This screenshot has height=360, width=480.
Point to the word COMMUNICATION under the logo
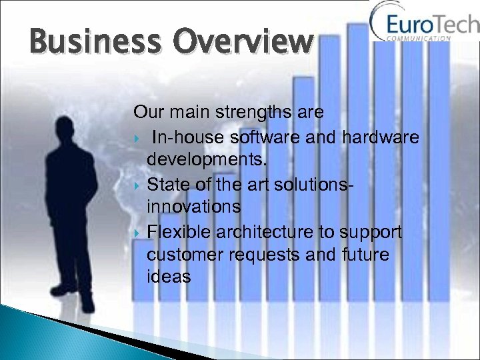[419, 39]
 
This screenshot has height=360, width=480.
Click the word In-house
[188, 137]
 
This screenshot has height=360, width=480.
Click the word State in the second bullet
[168, 183]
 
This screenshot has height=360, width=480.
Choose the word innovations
[193, 207]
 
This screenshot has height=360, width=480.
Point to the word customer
[183, 255]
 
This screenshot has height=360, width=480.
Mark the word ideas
[168, 277]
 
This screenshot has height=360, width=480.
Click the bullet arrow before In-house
[138, 138]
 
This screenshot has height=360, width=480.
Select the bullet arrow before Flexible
[138, 232]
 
